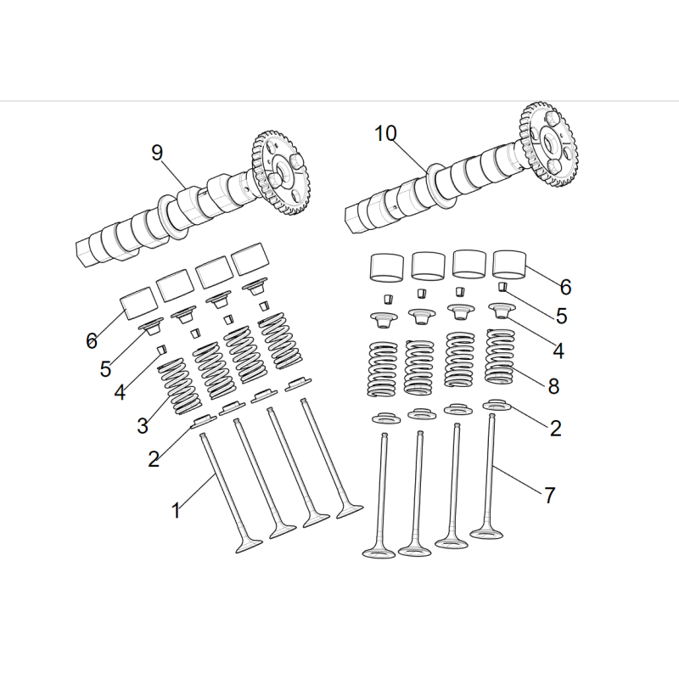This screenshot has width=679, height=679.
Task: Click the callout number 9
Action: click(x=157, y=153)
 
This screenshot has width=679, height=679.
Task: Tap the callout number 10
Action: click(x=385, y=133)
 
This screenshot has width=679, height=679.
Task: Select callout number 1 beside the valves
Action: click(x=176, y=511)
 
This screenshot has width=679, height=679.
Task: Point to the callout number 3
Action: click(x=143, y=426)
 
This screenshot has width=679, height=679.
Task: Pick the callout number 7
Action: click(x=549, y=496)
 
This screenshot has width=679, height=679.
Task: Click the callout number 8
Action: click(x=553, y=386)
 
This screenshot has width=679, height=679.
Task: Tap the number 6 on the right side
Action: click(x=565, y=287)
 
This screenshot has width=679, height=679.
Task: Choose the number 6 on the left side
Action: click(x=92, y=341)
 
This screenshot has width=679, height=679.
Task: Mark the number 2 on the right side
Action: click(x=556, y=429)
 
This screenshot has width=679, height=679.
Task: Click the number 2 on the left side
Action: click(x=154, y=459)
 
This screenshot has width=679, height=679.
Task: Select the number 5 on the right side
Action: click(x=561, y=316)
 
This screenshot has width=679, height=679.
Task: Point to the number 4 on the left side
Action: click(x=120, y=392)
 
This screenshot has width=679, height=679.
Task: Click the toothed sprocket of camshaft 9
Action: click(x=281, y=171)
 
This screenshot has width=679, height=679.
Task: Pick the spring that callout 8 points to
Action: click(x=500, y=356)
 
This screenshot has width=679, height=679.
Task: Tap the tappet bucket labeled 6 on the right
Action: click(x=510, y=264)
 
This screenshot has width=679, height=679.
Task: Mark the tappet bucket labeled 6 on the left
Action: click(x=138, y=303)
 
